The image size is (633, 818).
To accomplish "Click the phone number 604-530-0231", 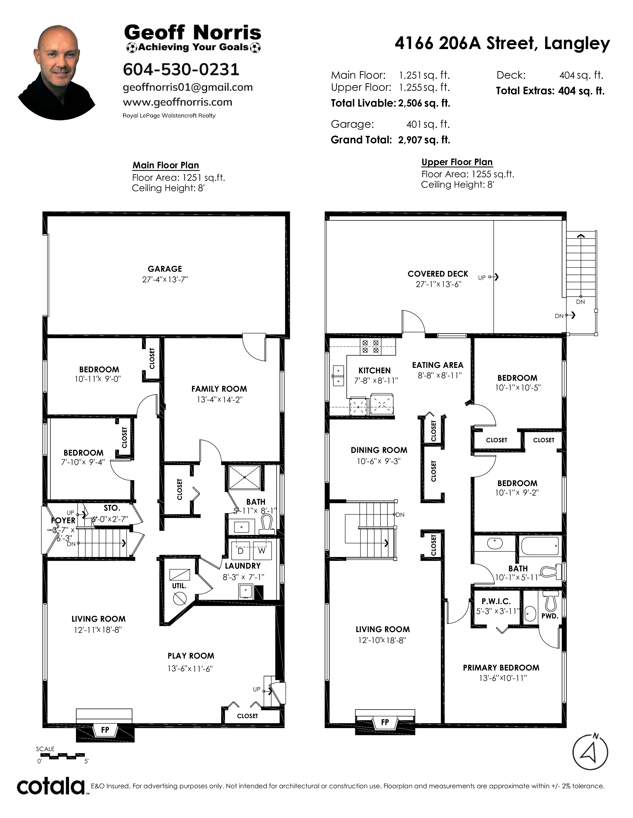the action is point(181,69).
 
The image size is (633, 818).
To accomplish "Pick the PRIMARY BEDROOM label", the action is point(501,668).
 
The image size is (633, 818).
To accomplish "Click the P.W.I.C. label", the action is point(496,601).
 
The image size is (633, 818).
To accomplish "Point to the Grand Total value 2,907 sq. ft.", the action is point(424,140).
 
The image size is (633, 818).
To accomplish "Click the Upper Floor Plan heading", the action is point(457,162).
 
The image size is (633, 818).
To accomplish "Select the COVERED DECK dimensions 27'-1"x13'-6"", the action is point(438,284).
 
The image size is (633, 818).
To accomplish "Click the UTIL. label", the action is point(179,586).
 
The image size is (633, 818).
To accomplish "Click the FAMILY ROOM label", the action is point(219,389).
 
